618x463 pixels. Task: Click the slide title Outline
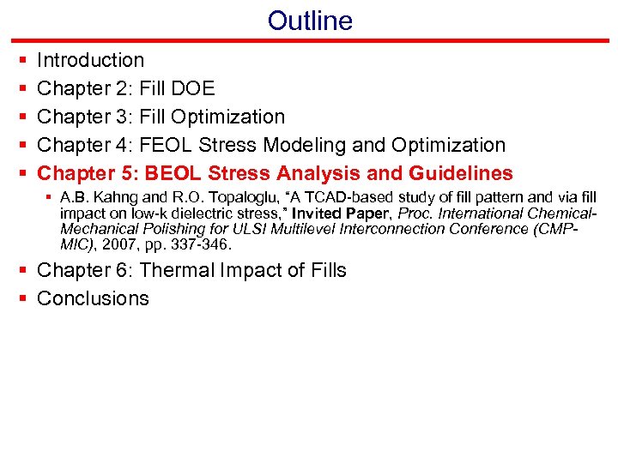(309, 21)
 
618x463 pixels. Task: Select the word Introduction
(91, 60)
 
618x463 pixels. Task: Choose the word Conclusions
(93, 298)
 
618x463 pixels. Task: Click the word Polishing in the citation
(160, 229)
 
